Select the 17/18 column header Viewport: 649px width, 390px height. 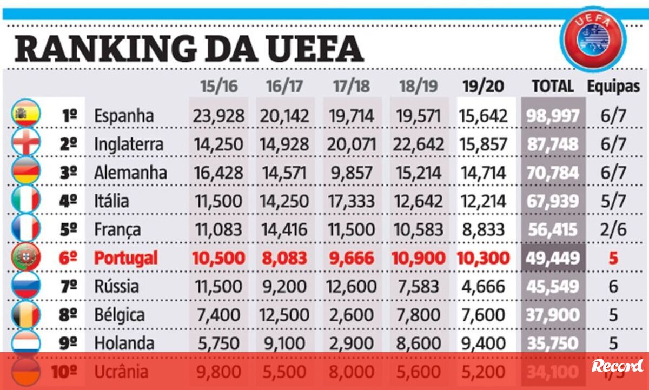352,87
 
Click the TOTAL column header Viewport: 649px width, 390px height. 552,86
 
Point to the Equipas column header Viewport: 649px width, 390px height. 613,86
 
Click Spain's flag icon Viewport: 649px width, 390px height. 25,115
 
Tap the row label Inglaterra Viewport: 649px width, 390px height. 128,144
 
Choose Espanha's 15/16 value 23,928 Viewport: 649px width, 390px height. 218,116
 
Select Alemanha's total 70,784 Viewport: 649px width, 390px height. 552,173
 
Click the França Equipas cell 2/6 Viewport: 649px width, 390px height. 613,229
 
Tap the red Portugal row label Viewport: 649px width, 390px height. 125,258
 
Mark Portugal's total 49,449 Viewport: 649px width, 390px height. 552,258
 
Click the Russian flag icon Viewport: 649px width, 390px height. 25,286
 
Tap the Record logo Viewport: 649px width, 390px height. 617,366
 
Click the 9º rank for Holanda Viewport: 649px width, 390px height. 68,343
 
